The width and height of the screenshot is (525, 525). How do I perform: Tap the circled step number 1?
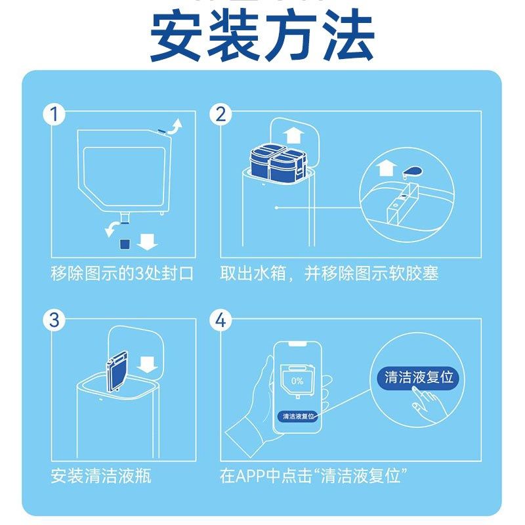tap(55, 114)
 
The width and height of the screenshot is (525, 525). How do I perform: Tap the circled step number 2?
tap(221, 114)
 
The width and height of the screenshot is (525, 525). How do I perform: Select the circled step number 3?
tap(55, 320)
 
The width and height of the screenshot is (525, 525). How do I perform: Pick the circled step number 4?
tap(221, 320)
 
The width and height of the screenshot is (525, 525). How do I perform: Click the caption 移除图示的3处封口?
tap(123, 274)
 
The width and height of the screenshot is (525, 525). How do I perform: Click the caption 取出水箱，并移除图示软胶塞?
tap(329, 274)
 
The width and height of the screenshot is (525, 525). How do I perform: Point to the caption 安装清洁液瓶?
tap(101, 476)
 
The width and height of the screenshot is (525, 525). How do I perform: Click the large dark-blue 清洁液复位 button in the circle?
tap(419, 377)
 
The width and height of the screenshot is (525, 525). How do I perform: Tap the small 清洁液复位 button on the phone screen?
tap(299, 416)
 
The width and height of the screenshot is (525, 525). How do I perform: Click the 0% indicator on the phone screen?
tap(297, 381)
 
